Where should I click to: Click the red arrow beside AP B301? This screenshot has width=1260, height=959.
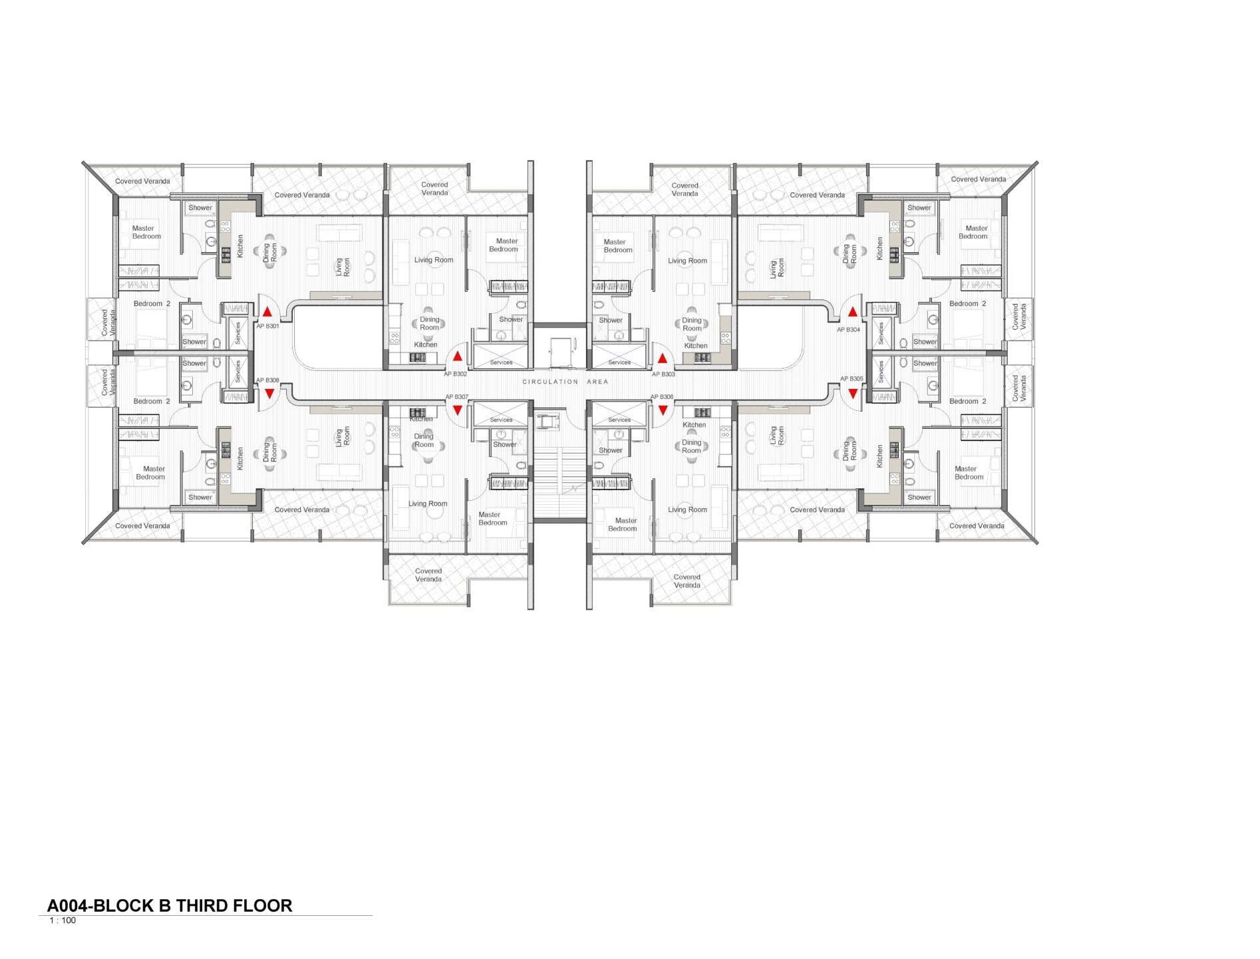267,311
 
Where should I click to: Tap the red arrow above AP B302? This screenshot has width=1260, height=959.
458,356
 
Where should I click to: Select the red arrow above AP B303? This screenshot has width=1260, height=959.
663,358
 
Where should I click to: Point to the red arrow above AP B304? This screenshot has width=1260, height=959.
853,311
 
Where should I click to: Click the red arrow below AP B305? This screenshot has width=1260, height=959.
853,394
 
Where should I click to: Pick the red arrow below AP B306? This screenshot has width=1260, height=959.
663,410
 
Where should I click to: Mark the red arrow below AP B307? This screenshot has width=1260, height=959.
458,410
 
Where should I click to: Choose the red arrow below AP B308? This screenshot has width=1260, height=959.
269,394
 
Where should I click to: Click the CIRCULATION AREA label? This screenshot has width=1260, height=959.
565,382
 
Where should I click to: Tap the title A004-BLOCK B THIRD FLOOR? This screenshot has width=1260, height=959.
170,906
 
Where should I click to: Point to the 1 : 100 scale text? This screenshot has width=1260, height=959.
63,920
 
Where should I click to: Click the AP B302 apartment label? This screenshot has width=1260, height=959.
456,374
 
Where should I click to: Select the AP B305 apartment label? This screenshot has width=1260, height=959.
852,378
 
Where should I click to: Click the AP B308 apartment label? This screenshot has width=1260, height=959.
268,380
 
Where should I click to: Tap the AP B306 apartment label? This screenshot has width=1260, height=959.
662,397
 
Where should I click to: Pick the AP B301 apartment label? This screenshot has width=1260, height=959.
268,326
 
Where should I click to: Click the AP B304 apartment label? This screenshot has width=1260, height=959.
848,329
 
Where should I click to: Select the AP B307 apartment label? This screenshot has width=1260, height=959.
457,397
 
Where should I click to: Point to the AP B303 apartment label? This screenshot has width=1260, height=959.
663,374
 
